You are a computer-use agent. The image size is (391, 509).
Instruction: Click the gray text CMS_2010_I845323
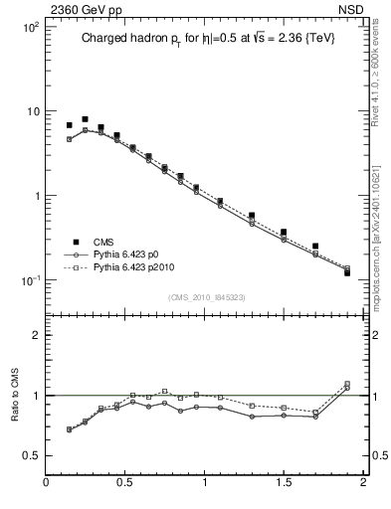click(204, 296)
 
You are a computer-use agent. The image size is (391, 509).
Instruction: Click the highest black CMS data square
click(85, 119)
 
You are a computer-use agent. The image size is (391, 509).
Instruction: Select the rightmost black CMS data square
click(347, 272)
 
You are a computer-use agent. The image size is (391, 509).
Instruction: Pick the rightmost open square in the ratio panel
click(347, 384)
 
